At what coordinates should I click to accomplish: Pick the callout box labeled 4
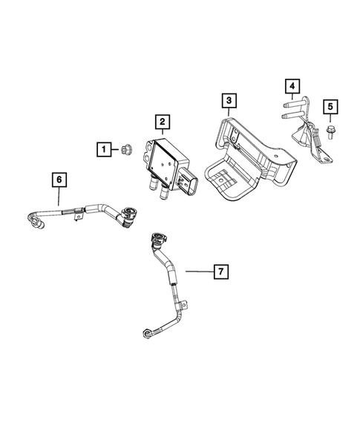(x=294, y=87)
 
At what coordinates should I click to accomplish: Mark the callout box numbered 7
(x=220, y=272)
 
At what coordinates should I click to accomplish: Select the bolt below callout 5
(x=329, y=133)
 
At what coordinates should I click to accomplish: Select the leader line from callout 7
(x=197, y=272)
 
